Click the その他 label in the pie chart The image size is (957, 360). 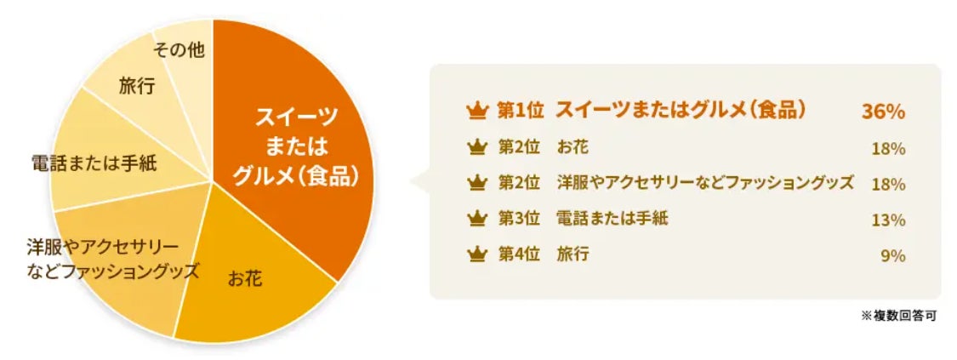pyautogui.click(x=179, y=51)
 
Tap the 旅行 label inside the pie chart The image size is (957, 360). pyautogui.click(x=136, y=86)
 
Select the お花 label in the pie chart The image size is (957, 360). pyautogui.click(x=245, y=279)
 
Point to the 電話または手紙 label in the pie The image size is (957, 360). pyautogui.click(x=94, y=163)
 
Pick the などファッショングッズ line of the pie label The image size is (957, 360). pyautogui.click(x=113, y=271)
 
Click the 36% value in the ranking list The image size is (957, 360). pyautogui.click(x=882, y=112)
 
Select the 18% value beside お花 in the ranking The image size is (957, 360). pyautogui.click(x=889, y=149)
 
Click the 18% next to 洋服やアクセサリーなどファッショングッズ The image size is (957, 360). pyautogui.click(x=889, y=185)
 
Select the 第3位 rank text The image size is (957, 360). pyautogui.click(x=519, y=219)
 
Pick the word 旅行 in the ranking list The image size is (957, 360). pyautogui.click(x=572, y=255)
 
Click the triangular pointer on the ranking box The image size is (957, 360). pyautogui.click(x=420, y=181)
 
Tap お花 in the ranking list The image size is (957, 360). pyautogui.click(x=572, y=147)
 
